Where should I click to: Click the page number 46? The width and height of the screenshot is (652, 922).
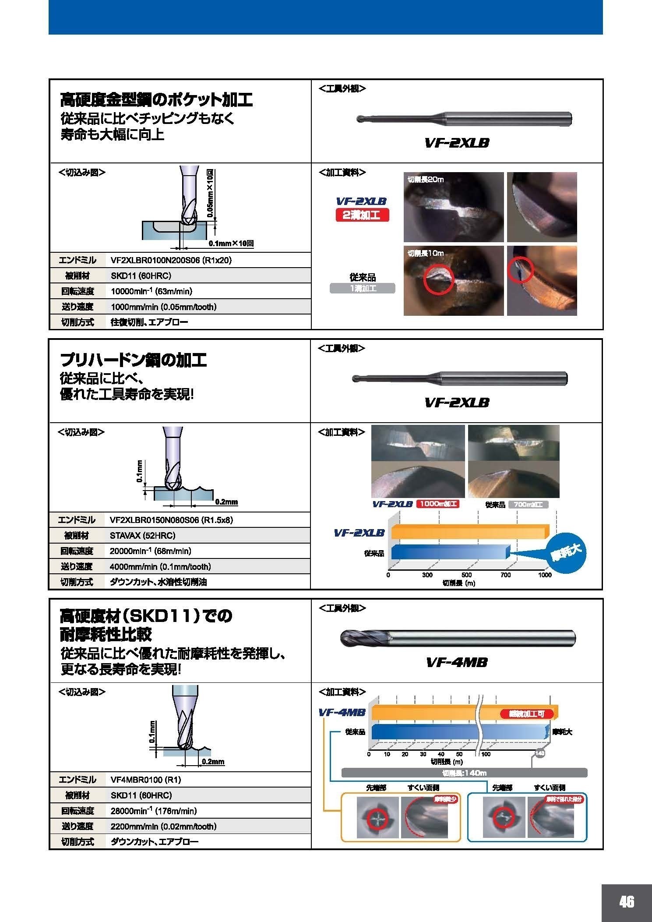coord(626,901)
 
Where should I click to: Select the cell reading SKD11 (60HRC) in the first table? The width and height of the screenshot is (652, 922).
coord(141,276)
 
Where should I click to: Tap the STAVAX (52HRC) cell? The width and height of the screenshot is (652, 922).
coord(142,535)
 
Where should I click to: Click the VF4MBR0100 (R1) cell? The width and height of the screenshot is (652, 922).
coord(145,780)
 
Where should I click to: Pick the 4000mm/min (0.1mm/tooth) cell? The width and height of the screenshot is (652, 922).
coord(160,567)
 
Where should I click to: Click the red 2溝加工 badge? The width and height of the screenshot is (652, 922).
coord(362,215)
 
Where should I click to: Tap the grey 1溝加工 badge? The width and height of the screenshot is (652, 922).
coord(362,288)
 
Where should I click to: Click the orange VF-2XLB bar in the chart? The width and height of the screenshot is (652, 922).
coord(469,531)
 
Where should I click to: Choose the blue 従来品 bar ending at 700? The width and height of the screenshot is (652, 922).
coord(449,552)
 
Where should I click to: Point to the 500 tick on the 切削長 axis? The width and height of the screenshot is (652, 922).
coord(466,575)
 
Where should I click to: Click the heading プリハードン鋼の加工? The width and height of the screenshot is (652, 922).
coord(133,360)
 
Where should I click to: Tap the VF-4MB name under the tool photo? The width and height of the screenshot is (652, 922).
coord(456,662)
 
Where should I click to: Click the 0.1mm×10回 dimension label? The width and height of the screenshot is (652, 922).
coord(231,244)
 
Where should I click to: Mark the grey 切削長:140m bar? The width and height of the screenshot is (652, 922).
coord(464,773)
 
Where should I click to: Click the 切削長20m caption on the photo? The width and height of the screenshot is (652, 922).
coord(425,179)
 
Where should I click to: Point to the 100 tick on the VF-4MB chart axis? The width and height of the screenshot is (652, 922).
coord(486,754)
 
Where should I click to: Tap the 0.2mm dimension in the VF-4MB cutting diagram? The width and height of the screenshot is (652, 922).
coord(213,762)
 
